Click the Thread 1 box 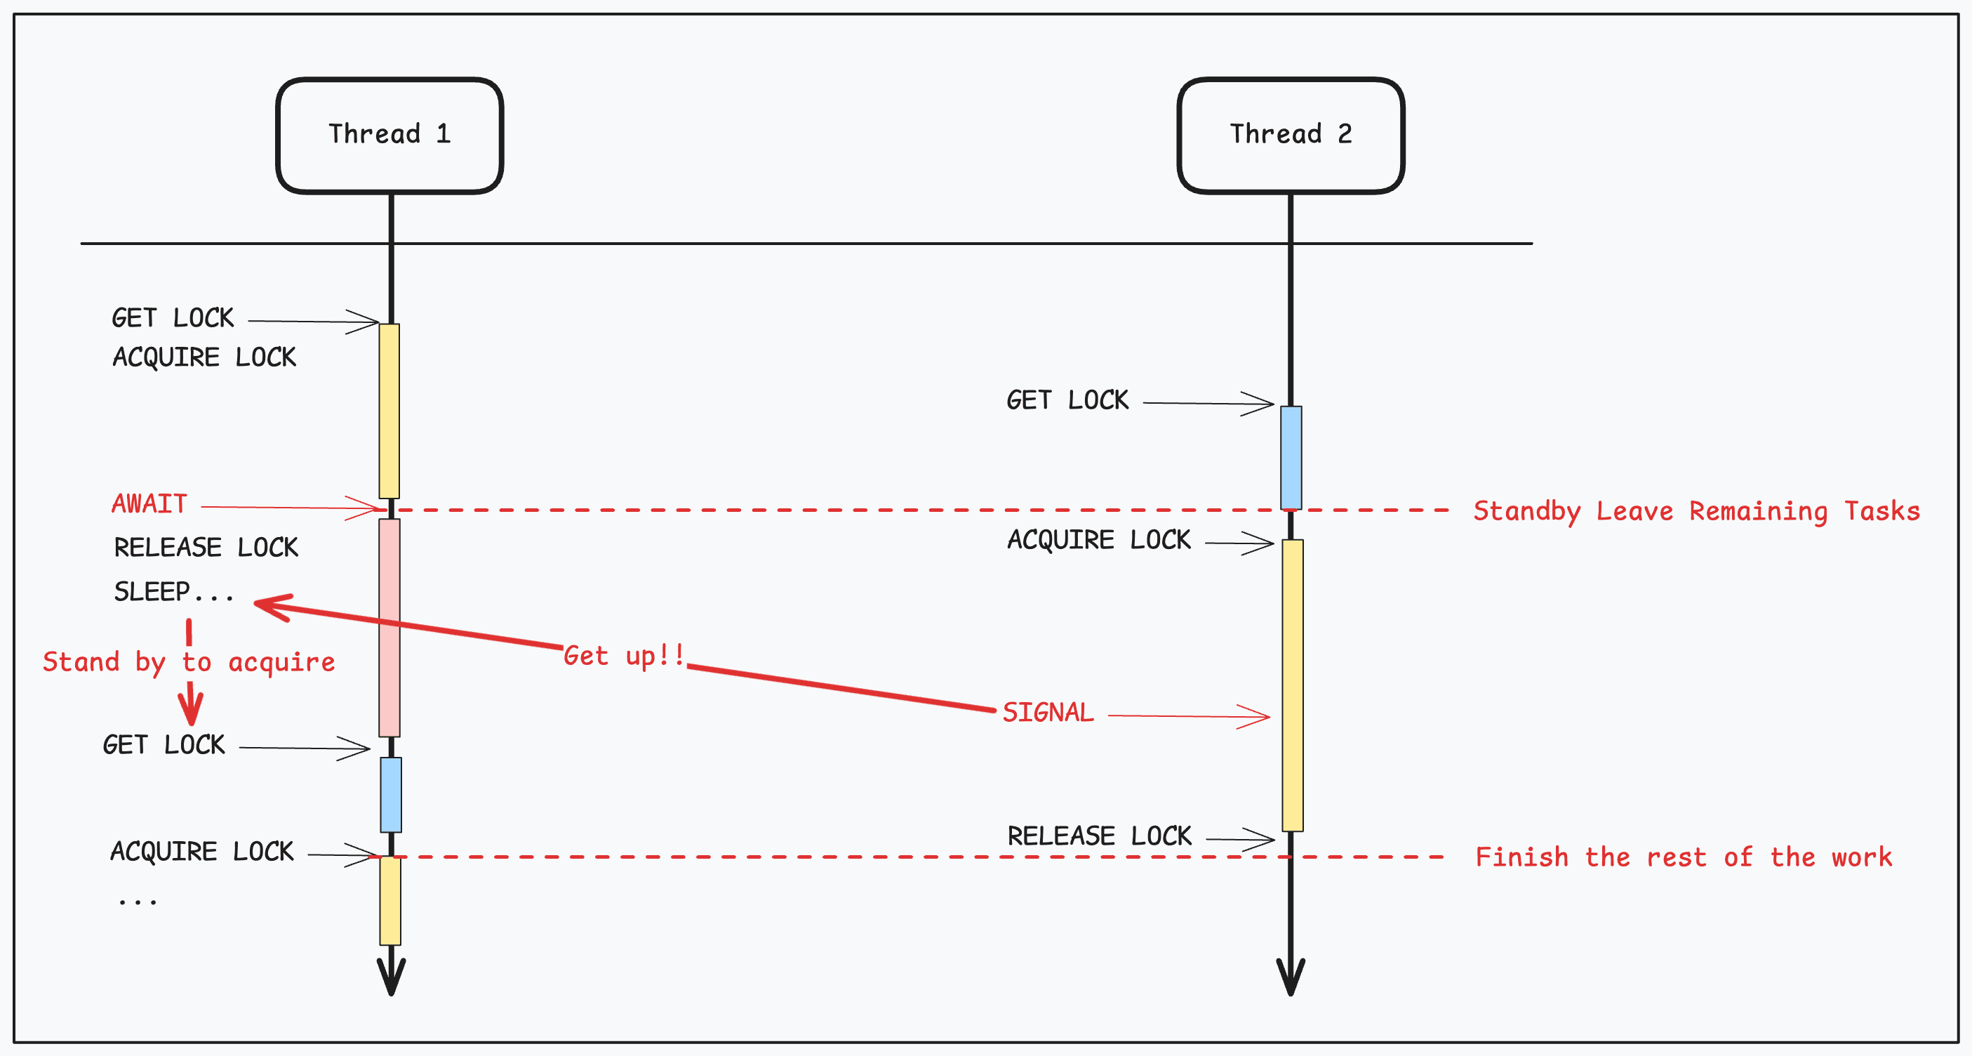389,135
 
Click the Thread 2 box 1290,135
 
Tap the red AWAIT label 149,504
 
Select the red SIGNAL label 1047,713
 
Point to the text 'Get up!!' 624,656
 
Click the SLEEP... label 174,592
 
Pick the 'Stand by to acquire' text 188,662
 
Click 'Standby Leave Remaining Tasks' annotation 1695,510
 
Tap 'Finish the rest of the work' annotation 1683,857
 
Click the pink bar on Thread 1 389,627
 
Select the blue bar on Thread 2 1291,457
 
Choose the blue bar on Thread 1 391,794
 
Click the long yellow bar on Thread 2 1292,685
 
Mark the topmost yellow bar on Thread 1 389,411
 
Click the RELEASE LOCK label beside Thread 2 1099,836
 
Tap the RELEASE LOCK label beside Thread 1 206,548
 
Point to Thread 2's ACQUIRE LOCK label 1098,540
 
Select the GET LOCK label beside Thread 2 1067,400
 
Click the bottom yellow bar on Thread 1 390,901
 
